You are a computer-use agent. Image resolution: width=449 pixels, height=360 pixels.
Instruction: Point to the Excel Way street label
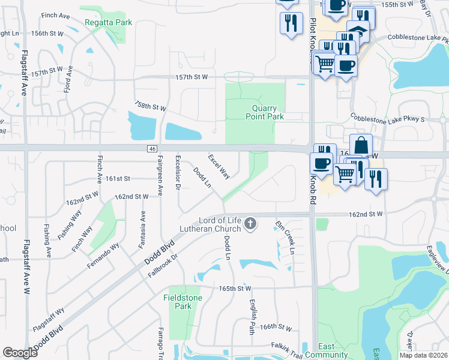coord(218,166)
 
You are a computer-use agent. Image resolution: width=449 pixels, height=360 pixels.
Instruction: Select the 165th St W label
coord(235,289)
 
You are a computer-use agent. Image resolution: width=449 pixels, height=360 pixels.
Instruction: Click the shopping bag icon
coord(361,145)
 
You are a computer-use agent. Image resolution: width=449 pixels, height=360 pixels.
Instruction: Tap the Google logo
coord(20,353)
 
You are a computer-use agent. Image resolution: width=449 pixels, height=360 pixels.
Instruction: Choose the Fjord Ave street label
coord(68,78)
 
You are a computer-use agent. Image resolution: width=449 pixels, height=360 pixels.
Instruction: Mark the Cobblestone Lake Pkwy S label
coord(387,118)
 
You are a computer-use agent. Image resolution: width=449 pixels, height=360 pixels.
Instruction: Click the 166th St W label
coord(276,327)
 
